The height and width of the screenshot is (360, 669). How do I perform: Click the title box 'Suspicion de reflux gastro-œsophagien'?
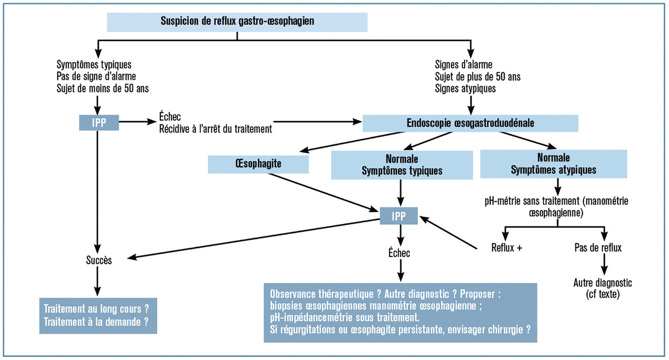237,22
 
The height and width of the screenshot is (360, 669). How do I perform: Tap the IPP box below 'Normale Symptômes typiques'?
400,215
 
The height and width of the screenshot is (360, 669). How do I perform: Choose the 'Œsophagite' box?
258,164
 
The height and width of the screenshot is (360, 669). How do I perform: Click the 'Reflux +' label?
507,248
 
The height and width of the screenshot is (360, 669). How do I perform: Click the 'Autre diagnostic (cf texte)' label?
603,288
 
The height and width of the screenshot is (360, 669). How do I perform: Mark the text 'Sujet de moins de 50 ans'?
102,88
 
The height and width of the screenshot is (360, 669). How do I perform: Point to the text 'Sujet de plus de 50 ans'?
478,77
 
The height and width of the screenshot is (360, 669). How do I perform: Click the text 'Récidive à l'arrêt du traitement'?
215,129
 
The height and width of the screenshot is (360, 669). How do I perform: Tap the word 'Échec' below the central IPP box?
399,253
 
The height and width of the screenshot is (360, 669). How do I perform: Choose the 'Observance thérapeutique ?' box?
400,312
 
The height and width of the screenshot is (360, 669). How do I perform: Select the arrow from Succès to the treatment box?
98,282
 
